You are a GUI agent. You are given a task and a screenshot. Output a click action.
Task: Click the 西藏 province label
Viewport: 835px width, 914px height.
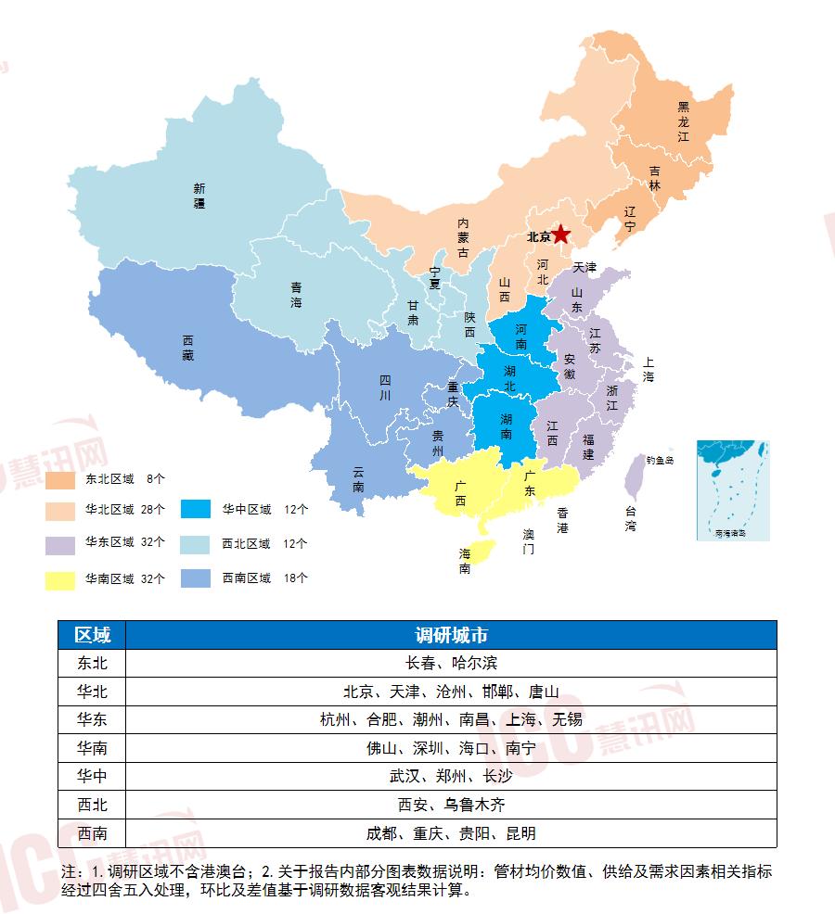188,348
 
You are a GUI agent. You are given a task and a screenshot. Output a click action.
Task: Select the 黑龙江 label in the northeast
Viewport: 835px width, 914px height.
684,121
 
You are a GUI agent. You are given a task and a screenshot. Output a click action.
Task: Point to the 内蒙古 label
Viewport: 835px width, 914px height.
463,238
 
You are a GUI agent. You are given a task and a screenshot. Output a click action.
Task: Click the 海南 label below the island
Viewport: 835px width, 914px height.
465,561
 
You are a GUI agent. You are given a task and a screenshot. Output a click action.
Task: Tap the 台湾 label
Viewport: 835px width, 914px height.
631,518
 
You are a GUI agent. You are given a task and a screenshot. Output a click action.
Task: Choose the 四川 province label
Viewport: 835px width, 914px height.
385,387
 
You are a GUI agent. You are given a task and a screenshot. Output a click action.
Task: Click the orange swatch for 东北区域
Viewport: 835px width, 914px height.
59,480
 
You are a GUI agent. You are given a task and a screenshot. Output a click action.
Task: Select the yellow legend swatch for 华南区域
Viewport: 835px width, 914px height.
59,580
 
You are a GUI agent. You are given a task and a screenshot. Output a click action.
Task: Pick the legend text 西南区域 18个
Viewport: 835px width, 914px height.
263,578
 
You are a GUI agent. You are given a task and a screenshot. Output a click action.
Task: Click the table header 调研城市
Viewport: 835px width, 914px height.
451,635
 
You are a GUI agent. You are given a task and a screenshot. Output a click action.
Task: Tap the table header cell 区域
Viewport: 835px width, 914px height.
92,635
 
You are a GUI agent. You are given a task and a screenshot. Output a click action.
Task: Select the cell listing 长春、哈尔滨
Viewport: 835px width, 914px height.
451,663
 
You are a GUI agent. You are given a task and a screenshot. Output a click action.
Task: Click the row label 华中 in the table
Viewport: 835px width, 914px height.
92,776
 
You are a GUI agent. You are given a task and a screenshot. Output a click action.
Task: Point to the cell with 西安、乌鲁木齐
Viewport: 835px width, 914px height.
451,805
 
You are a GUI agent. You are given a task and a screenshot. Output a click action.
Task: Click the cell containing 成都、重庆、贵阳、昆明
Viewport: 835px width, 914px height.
451,832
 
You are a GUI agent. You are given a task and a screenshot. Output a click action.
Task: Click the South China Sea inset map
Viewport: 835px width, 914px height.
733,490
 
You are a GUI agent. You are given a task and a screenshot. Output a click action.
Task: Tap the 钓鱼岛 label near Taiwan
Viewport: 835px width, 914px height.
660,460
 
